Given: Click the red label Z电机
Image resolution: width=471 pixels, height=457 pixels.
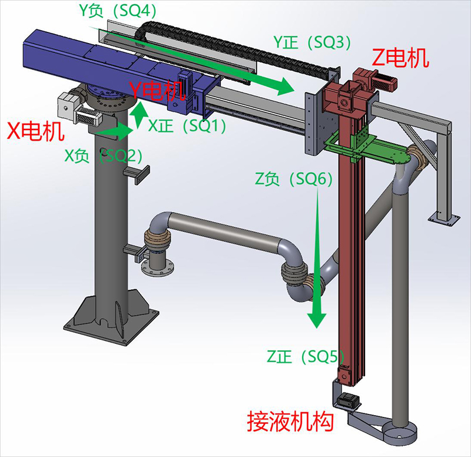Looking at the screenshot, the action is [x=400, y=58].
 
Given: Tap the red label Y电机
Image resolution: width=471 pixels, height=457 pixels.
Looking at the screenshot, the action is [x=157, y=90].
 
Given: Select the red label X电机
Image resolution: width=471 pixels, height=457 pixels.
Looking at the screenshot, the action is [x=35, y=131].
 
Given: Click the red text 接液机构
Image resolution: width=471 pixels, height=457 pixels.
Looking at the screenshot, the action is [x=290, y=422].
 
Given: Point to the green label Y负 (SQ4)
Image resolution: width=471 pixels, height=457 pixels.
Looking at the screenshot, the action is [x=117, y=11].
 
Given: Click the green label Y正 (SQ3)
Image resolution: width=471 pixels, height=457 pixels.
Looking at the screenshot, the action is [x=312, y=42].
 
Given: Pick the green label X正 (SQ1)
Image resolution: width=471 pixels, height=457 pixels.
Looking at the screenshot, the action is [x=187, y=125].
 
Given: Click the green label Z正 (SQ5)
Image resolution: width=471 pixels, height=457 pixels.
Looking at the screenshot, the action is [x=305, y=357].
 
